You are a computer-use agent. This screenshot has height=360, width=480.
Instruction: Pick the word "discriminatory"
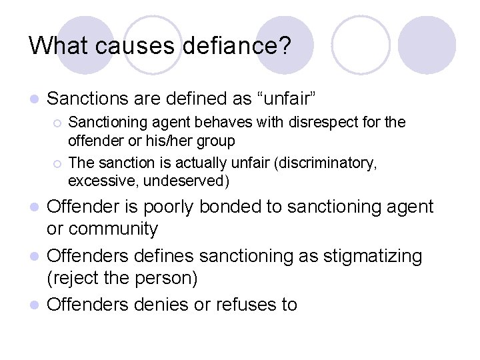pos(327,163)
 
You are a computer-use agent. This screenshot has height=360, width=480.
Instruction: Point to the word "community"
pos(113,229)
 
